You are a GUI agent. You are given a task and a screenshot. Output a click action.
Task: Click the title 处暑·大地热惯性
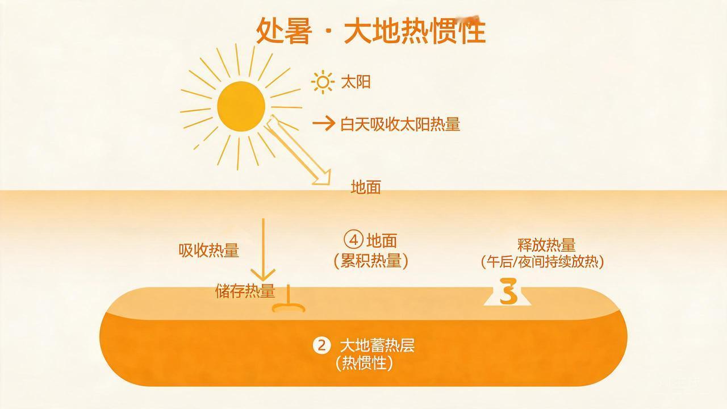point(371,31)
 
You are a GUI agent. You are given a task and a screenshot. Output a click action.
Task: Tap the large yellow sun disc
point(241,106)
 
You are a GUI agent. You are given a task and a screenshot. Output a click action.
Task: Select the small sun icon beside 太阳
point(322,82)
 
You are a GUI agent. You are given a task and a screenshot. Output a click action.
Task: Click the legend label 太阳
point(356,82)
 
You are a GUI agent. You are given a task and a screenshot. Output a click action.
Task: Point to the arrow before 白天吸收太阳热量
point(324,124)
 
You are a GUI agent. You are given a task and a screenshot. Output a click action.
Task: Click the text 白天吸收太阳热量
point(400,124)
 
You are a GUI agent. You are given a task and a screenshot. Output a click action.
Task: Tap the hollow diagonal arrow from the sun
point(299,150)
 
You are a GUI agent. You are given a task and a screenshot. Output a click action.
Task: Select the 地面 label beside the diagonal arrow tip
point(366,187)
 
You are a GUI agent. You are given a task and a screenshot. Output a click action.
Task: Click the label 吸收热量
point(208,251)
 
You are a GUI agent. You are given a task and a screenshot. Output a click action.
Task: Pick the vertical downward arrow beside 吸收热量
point(263,249)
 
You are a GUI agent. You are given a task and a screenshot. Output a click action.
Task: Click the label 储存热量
point(245,291)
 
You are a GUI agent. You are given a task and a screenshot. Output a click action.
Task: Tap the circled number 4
point(353,240)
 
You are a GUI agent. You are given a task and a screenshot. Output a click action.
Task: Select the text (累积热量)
point(371,261)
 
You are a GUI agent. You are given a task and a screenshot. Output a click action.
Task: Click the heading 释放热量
point(546,245)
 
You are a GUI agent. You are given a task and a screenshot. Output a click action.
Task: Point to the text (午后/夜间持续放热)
point(542,262)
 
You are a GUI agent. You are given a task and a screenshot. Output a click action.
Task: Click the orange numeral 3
point(508,291)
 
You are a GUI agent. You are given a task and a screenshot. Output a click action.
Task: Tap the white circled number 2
point(321,345)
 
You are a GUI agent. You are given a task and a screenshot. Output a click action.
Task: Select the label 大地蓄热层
point(377,346)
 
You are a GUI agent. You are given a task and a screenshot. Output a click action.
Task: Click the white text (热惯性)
point(364,363)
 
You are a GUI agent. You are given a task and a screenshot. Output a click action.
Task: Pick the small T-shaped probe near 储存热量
point(288,301)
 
